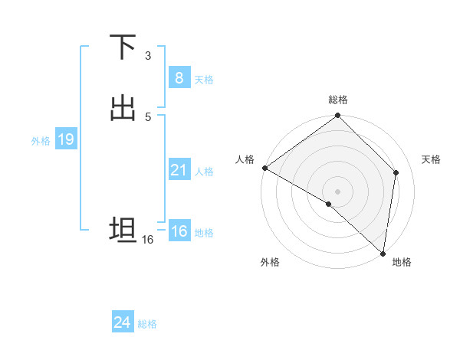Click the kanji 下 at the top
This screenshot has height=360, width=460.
pyautogui.click(x=123, y=47)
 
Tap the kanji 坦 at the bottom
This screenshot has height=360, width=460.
pyautogui.click(x=123, y=229)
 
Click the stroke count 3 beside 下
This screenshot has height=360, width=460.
pyautogui.click(x=148, y=56)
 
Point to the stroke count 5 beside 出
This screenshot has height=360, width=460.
pyautogui.click(x=148, y=116)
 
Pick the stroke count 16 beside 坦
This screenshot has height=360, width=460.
pyautogui.click(x=148, y=240)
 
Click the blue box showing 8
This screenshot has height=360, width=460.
pyautogui.click(x=179, y=78)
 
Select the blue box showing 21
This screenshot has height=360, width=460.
pyautogui.click(x=179, y=170)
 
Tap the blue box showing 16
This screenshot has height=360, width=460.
pyautogui.click(x=179, y=231)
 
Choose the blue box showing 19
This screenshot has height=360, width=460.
pyautogui.click(x=65, y=139)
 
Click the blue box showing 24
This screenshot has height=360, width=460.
pyautogui.click(x=122, y=322)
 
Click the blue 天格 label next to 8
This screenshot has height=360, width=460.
pyautogui.click(x=204, y=80)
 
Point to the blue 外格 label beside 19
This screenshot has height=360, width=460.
pyautogui.click(x=41, y=141)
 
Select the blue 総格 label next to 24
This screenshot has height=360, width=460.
pyautogui.click(x=147, y=324)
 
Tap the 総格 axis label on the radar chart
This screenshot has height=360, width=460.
pyautogui.click(x=338, y=100)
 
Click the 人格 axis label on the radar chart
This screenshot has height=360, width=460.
pyautogui.click(x=245, y=159)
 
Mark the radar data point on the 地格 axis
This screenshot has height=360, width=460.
pyautogui.click(x=383, y=253)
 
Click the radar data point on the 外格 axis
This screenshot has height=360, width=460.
pyautogui.click(x=329, y=204)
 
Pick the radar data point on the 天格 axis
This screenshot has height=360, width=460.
pyautogui.click(x=396, y=172)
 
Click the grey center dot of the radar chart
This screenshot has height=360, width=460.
pyautogui.click(x=338, y=191)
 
